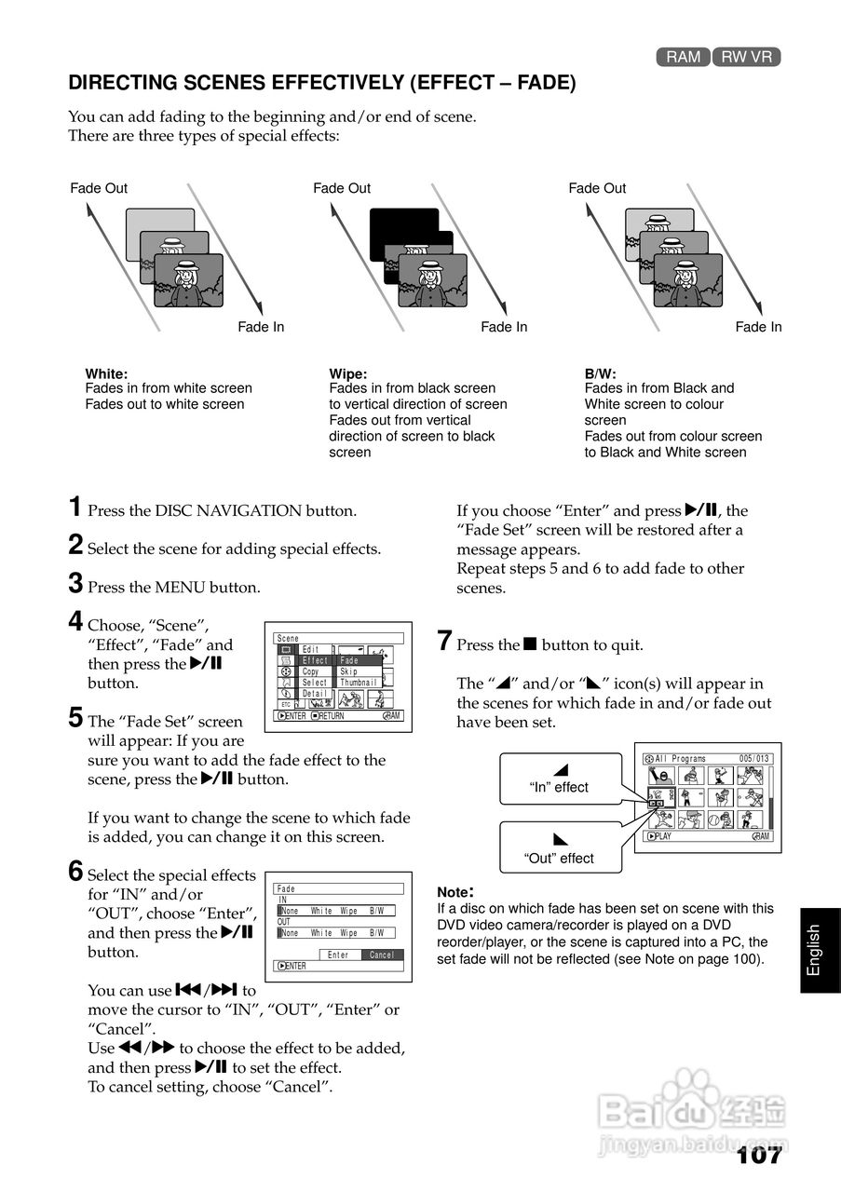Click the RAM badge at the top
click(683, 57)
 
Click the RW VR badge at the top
click(746, 57)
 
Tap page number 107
click(758, 1156)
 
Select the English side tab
click(814, 950)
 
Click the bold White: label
click(106, 373)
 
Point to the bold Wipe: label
click(348, 373)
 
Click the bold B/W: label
click(601, 373)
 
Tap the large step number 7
click(445, 642)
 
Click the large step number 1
click(75, 508)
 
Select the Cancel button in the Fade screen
click(382, 955)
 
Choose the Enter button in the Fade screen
click(339, 955)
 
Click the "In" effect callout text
click(559, 787)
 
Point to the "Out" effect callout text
click(559, 858)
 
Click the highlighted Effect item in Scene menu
click(316, 660)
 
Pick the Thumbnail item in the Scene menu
click(359, 683)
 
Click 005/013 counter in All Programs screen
click(754, 759)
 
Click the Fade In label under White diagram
click(261, 327)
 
